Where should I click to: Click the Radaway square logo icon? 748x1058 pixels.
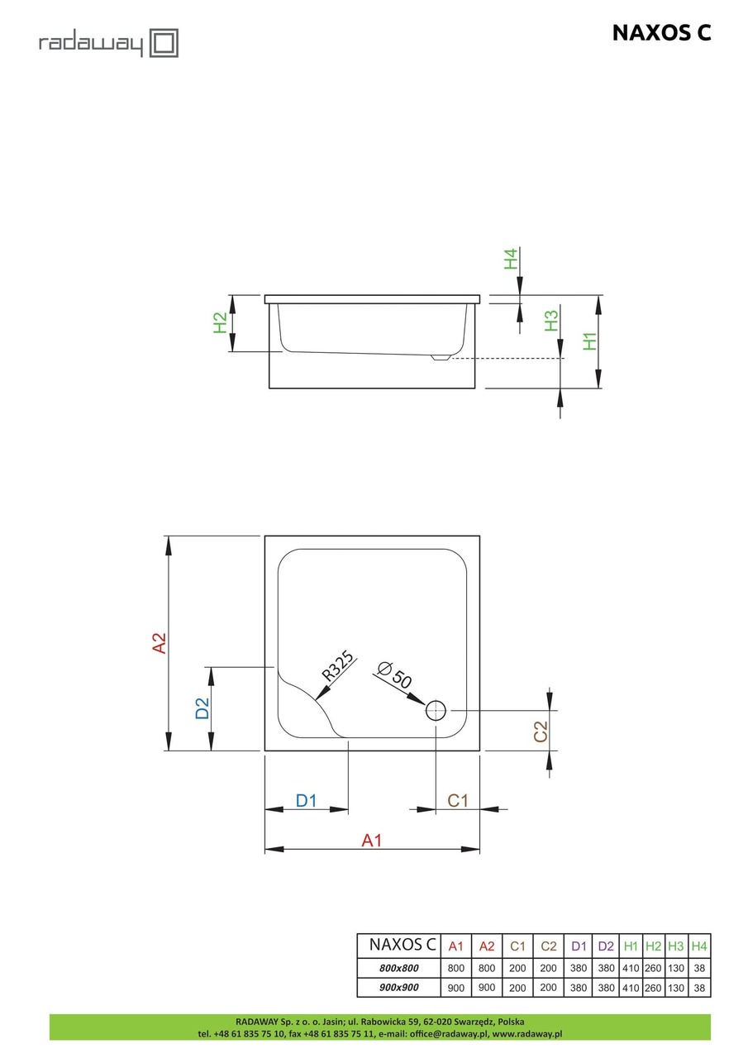pos(164,43)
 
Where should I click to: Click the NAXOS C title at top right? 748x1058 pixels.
pos(661,32)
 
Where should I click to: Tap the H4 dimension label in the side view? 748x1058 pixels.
pos(512,259)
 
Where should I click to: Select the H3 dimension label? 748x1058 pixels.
pos(552,320)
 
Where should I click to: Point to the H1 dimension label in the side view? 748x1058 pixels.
pos(589,341)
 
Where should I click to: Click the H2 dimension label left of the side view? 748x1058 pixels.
pos(220,322)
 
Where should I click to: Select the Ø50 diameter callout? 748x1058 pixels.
pos(393,676)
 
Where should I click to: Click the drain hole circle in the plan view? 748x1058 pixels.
pos(436,709)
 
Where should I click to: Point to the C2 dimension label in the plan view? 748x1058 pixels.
pos(541,732)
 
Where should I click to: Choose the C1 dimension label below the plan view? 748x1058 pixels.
pos(458,800)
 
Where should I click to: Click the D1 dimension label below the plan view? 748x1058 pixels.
pos(307,800)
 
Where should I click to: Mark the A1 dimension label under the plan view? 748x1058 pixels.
pos(372,841)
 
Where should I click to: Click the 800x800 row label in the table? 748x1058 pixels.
pos(399,968)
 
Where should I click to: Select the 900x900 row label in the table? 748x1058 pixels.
pos(399,988)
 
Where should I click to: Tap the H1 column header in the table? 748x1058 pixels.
pos(631,946)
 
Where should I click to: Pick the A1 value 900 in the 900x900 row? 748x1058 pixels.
pos(455,988)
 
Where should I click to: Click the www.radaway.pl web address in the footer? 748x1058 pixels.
pos(527,1033)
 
